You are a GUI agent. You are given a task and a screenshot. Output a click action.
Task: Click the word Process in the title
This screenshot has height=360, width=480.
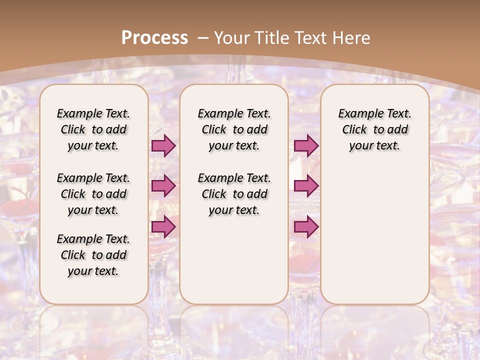(154, 37)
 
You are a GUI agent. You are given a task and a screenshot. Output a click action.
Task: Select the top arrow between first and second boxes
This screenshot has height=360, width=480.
(163, 146)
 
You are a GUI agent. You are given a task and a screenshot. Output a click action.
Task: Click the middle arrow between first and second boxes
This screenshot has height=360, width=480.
(163, 186)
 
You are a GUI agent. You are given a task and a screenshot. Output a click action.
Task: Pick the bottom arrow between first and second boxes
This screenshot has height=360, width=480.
(163, 226)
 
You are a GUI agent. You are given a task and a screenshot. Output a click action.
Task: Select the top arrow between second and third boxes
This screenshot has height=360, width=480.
(306, 146)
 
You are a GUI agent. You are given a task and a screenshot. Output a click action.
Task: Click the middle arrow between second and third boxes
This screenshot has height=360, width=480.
(306, 186)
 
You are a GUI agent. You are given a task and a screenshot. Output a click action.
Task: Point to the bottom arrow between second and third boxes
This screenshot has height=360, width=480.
(306, 226)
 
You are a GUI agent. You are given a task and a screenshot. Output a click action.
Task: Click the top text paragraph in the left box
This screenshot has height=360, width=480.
(93, 129)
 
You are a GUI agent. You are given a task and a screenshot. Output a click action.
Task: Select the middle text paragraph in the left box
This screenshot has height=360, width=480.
(93, 194)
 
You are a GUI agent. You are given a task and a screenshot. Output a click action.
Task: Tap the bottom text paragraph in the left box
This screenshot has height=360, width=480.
(93, 255)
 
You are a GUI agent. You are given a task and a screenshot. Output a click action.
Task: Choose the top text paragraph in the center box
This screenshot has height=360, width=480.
(234, 129)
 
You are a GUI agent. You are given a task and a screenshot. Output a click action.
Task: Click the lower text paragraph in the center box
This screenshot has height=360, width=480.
(234, 194)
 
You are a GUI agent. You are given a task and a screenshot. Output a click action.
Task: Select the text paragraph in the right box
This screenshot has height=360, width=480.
(374, 129)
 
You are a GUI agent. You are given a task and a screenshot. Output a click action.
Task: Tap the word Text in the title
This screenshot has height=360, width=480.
(310, 37)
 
